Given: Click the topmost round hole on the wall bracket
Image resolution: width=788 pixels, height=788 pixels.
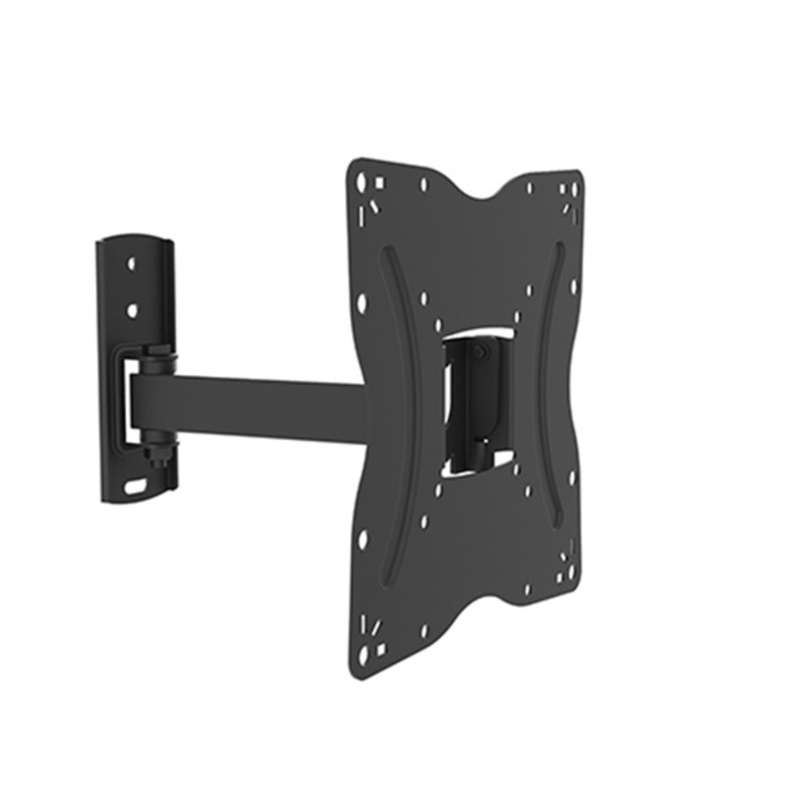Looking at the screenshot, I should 130,264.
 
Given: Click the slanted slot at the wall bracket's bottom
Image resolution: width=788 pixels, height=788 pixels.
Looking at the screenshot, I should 134,486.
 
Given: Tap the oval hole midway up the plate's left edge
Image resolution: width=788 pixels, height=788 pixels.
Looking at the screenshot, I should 361,302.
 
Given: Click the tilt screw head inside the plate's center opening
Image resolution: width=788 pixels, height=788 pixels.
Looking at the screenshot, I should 479,350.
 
